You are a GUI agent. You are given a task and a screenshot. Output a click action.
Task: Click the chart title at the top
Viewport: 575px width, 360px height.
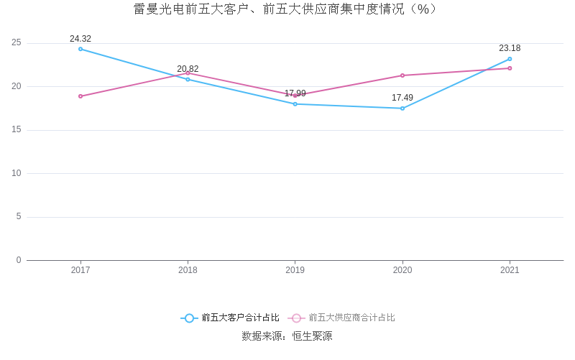point(287,9)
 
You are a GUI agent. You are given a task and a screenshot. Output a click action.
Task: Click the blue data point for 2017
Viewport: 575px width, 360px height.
point(80,49)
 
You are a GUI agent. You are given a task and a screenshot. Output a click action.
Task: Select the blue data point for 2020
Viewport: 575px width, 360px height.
point(402,109)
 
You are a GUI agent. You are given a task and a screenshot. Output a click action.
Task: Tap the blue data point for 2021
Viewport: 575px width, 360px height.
point(510,59)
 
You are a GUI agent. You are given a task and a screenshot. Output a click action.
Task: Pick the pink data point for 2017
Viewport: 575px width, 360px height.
point(80,96)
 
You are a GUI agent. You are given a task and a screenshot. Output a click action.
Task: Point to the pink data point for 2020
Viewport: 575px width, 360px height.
point(402,75)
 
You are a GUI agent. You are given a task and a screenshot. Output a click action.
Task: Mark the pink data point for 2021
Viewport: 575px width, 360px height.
point(510,68)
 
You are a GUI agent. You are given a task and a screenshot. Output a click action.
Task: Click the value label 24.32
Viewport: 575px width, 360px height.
point(80,39)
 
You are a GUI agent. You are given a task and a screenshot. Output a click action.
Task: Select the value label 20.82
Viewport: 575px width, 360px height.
point(188,69)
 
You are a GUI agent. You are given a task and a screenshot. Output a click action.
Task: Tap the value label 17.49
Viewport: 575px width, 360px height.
point(402,98)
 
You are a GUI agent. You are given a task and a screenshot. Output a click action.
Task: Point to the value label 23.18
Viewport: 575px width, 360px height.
point(510,48)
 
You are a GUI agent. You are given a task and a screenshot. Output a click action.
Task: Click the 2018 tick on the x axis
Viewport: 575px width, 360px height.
point(188,270)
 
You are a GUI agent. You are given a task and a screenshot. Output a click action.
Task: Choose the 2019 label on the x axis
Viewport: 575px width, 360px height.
point(295,270)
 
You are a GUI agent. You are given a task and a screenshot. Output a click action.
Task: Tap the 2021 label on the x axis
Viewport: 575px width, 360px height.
point(510,270)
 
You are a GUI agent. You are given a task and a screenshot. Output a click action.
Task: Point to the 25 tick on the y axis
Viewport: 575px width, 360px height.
point(17,43)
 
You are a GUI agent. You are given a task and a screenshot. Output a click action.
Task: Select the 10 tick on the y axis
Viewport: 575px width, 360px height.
point(17,173)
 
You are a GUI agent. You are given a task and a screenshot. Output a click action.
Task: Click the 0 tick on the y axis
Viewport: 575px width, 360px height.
point(19,260)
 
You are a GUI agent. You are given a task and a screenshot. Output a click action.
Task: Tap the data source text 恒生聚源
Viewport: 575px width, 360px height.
point(312,336)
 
